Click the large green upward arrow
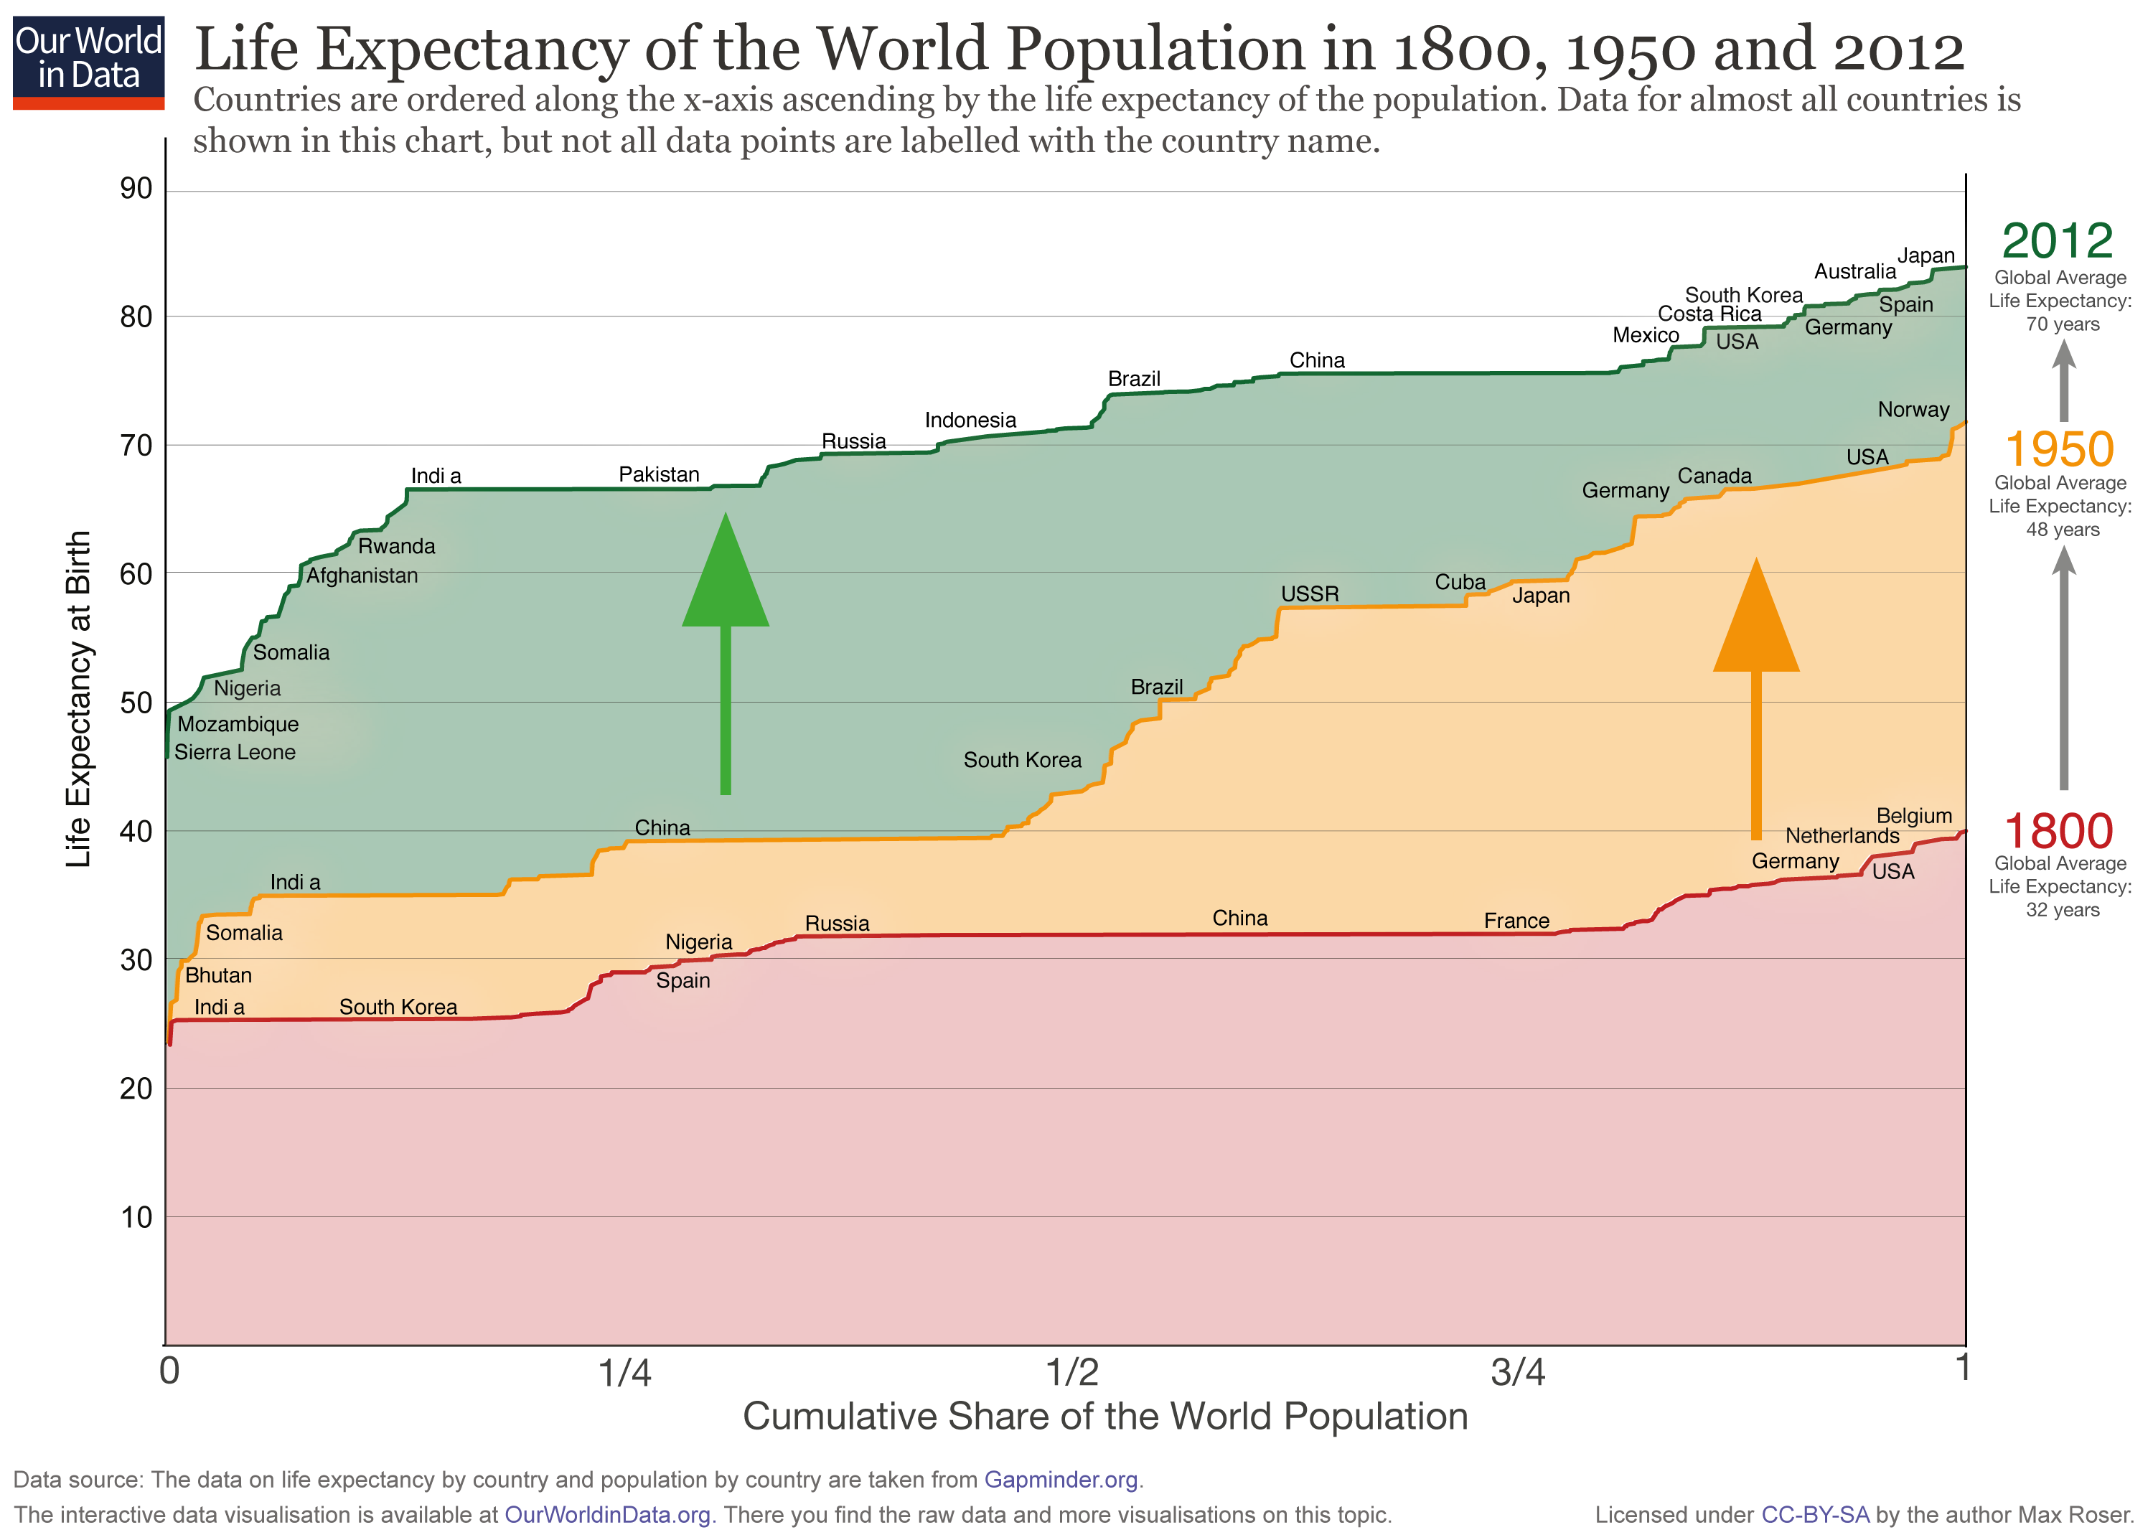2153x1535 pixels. click(x=725, y=652)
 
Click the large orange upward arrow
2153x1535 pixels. click(x=1755, y=700)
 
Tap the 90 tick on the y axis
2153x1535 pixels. click(x=136, y=189)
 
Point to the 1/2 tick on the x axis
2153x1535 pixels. click(x=1073, y=1371)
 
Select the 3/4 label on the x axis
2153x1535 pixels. click(x=1518, y=1371)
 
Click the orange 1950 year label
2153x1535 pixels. click(x=2058, y=449)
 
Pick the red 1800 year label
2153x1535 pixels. click(x=2058, y=832)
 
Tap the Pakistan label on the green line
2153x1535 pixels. click(x=659, y=474)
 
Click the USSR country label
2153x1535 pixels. click(x=1309, y=593)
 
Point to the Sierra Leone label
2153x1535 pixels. click(x=235, y=752)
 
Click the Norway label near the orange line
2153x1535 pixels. click(x=1912, y=409)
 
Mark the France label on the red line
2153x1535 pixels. click(x=1515, y=921)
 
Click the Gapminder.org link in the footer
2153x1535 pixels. click(x=1061, y=1479)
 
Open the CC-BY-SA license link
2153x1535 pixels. click(x=1815, y=1515)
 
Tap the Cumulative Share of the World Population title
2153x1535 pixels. click(x=1105, y=1417)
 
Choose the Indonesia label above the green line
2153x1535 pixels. click(x=970, y=420)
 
